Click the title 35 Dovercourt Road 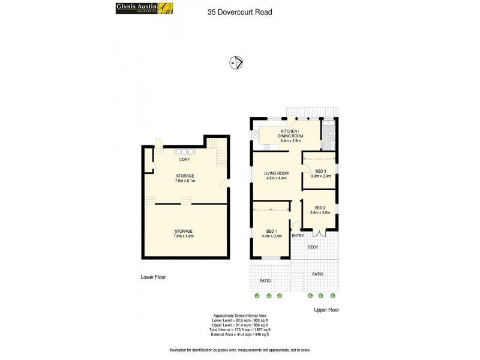pyautogui.click(x=239, y=11)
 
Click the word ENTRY pyautogui.click(x=298, y=236)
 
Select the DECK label pyautogui.click(x=313, y=247)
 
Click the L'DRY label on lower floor pyautogui.click(x=185, y=160)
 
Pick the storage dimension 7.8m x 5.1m pyautogui.click(x=185, y=181)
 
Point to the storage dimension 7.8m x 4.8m pyautogui.click(x=184, y=236)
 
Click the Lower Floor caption pyautogui.click(x=153, y=277)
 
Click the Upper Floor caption pyautogui.click(x=327, y=310)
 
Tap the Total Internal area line pyautogui.click(x=240, y=329)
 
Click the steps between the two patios pyautogui.click(x=297, y=282)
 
